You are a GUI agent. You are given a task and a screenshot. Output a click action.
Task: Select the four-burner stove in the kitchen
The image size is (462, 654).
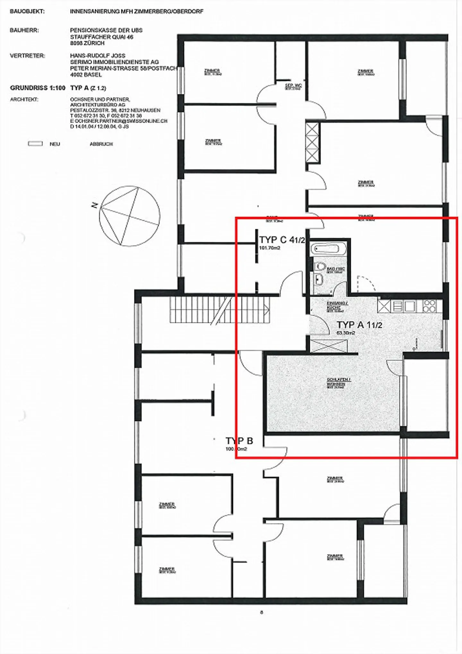[x=430, y=306]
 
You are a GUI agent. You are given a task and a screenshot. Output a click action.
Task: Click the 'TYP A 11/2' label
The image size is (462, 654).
[x=359, y=325]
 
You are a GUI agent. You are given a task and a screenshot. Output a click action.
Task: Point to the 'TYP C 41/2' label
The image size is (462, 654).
[x=282, y=240]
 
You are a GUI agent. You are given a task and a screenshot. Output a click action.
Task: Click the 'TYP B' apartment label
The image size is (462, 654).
[x=239, y=441]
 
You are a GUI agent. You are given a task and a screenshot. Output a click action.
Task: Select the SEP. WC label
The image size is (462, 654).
[x=293, y=86]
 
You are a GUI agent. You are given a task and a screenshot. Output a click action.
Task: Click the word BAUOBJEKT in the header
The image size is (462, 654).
[x=27, y=12]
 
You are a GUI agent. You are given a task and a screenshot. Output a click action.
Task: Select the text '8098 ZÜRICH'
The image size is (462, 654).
[x=87, y=43]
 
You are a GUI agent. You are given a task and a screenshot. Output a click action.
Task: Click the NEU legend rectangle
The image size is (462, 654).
[x=35, y=144]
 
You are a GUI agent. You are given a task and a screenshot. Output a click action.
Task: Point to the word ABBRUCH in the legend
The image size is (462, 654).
[x=101, y=144]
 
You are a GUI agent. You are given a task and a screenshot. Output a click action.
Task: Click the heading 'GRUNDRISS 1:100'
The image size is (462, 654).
[x=38, y=88]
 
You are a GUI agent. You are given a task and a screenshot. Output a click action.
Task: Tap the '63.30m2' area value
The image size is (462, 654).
[x=346, y=333]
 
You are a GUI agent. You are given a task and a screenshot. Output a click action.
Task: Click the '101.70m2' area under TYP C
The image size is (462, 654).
[x=270, y=248]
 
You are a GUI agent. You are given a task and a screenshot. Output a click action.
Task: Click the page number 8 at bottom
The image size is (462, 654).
[x=261, y=612]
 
